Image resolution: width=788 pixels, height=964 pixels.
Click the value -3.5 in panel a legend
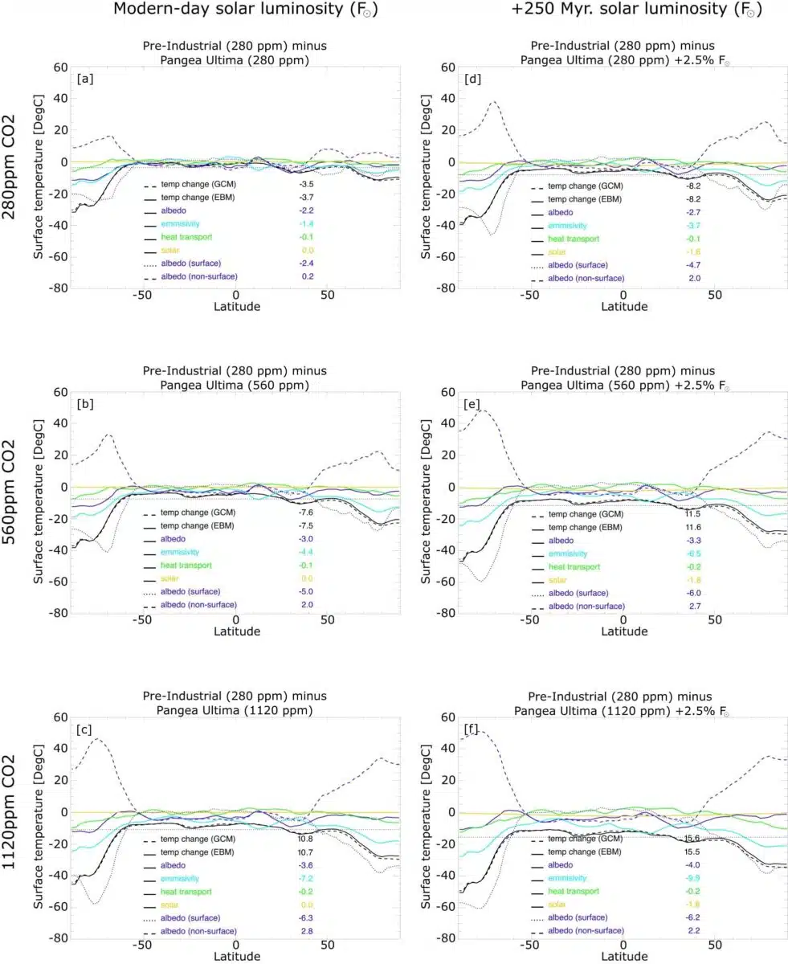pos(306,185)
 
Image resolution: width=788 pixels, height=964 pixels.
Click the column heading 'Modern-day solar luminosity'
pos(246,10)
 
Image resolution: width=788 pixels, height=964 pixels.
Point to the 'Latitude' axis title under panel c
pos(237,956)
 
